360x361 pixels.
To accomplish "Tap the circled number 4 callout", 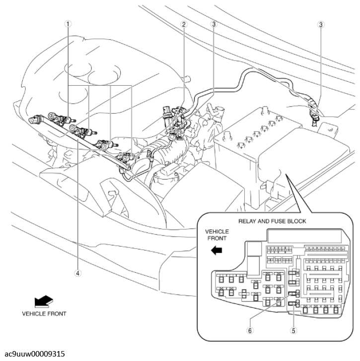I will pyautogui.click(x=78, y=271).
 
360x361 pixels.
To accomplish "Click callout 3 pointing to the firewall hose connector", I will pyautogui.click(x=320, y=24).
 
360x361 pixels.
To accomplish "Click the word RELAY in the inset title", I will pyautogui.click(x=248, y=221).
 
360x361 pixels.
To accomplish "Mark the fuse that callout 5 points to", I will pyautogui.click(x=296, y=304).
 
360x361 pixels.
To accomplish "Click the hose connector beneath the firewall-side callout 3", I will pyautogui.click(x=314, y=117).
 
